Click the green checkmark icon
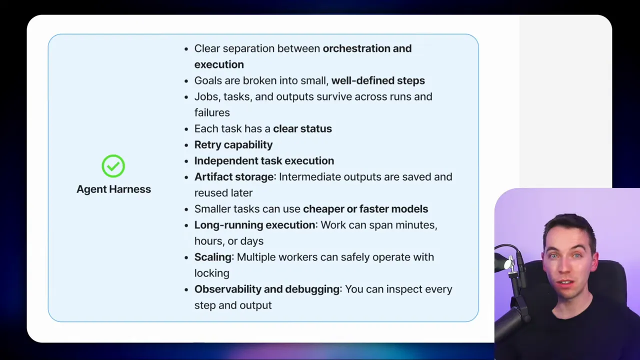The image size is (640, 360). point(113,166)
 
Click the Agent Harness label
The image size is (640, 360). point(113,189)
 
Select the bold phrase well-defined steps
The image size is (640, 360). point(378,80)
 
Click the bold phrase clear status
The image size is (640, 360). point(302,128)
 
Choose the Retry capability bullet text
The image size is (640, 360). point(233,144)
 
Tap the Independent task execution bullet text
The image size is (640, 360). point(264,160)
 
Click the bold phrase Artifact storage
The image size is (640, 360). point(234,176)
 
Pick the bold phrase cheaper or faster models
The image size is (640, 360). point(365,208)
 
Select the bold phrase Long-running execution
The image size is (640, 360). point(255,225)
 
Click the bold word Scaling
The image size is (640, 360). point(213,257)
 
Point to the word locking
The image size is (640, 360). point(212,273)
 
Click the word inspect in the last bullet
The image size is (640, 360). point(403,289)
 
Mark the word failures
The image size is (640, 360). point(212,112)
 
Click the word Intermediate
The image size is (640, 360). point(309,176)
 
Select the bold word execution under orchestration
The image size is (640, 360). point(219,64)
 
